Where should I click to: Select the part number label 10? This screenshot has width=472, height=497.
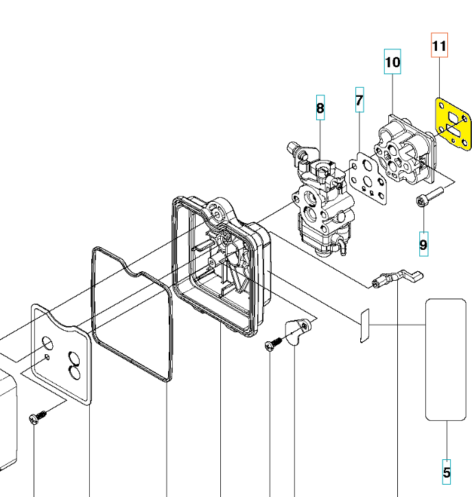click(392, 62)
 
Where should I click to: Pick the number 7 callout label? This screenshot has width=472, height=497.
click(359, 101)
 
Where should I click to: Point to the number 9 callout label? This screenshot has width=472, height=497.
click(423, 243)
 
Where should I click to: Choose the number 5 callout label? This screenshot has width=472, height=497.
click(447, 472)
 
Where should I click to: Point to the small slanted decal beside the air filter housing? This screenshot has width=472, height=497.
click(365, 325)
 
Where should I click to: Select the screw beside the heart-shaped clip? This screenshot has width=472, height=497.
click(272, 343)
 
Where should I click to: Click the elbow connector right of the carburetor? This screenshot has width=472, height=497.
click(396, 278)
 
